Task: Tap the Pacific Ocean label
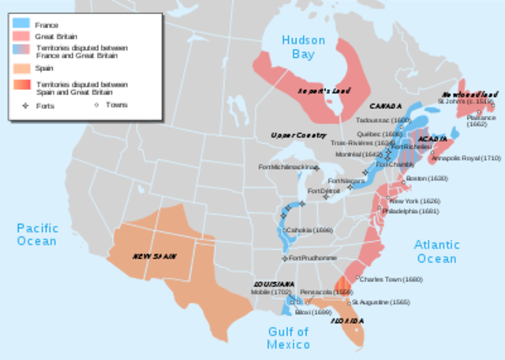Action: point(37,234)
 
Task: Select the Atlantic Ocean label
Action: point(436,252)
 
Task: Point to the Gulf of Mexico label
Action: point(287,339)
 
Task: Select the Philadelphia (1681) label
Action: point(410,212)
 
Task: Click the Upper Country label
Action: point(294,136)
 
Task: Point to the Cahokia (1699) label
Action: point(307,230)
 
